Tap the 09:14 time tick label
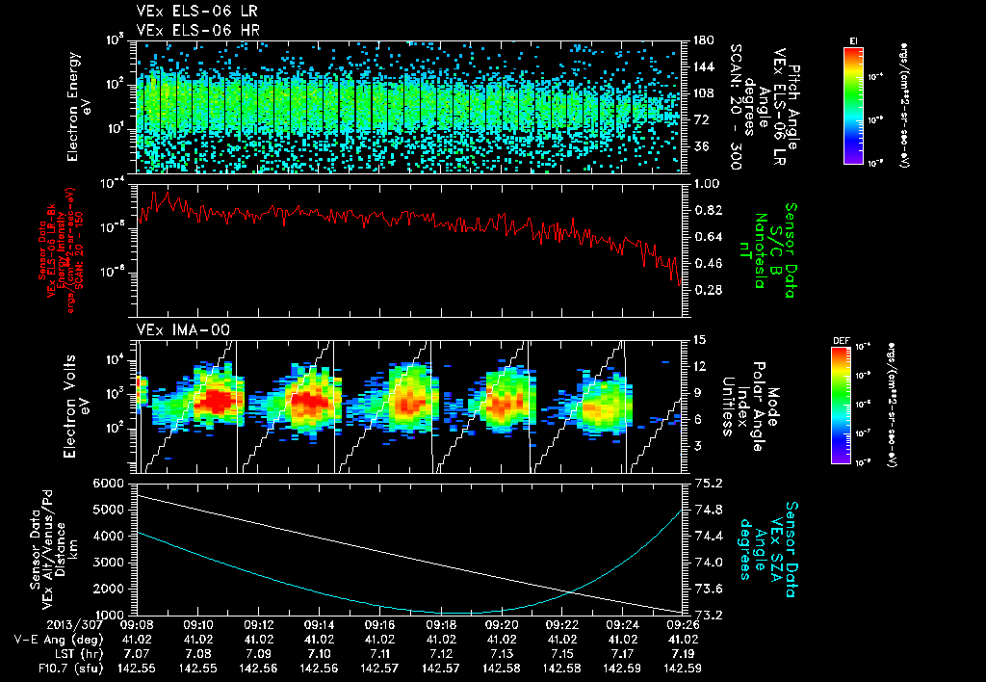point(320,624)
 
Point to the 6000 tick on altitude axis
point(108,483)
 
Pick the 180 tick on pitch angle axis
point(701,39)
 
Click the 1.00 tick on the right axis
point(708,183)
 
